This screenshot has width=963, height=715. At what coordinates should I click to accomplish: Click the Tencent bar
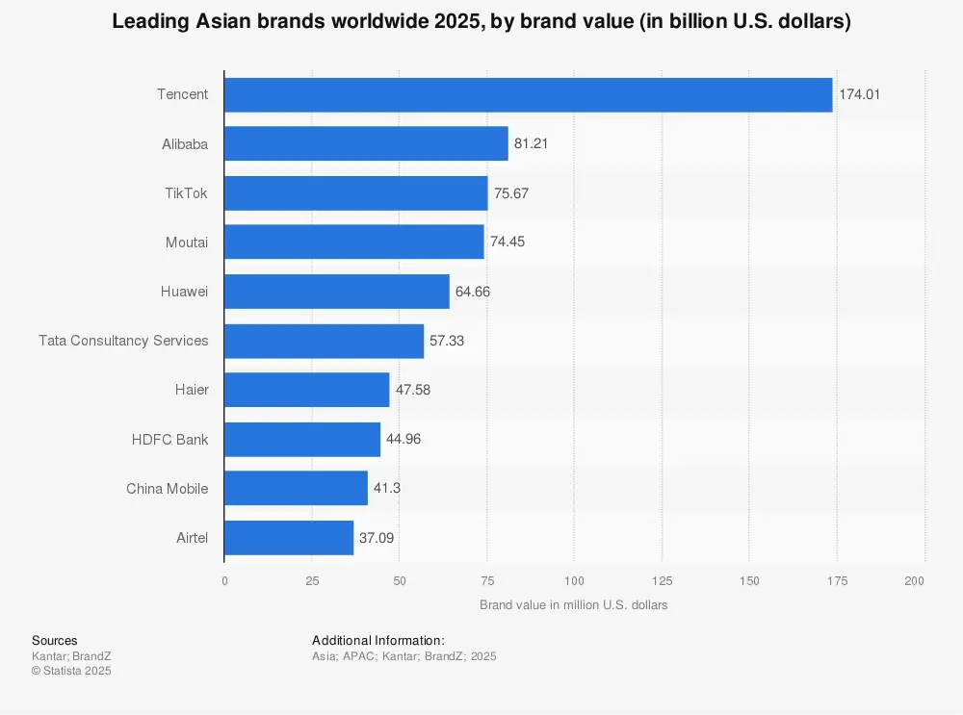click(x=528, y=95)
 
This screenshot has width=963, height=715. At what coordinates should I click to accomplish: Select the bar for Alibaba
click(x=366, y=144)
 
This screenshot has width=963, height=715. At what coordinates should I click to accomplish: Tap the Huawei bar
click(x=336, y=292)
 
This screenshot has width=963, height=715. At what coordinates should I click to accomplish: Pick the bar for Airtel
click(x=289, y=537)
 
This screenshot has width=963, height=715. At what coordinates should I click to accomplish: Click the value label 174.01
click(x=859, y=95)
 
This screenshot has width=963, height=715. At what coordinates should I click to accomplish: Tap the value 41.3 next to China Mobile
click(x=387, y=488)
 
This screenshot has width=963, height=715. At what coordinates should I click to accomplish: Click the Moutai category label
click(x=186, y=243)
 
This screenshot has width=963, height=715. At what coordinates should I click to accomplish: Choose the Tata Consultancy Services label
click(x=123, y=341)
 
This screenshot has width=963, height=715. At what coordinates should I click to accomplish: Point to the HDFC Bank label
click(x=169, y=439)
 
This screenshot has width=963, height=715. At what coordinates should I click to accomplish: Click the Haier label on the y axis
click(x=191, y=390)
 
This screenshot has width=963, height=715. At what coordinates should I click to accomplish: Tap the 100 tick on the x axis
click(x=574, y=581)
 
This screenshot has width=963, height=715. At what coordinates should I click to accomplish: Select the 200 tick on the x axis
click(x=915, y=581)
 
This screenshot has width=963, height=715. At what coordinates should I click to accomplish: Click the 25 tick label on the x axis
click(x=312, y=581)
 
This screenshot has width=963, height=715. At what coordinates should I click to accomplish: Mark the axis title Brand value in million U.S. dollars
click(x=573, y=605)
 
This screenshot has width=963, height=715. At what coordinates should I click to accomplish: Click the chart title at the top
click(x=481, y=22)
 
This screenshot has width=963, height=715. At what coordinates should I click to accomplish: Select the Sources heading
click(x=55, y=641)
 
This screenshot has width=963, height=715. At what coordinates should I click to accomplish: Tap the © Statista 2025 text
click(x=71, y=671)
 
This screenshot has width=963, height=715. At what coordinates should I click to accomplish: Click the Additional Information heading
click(x=378, y=641)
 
